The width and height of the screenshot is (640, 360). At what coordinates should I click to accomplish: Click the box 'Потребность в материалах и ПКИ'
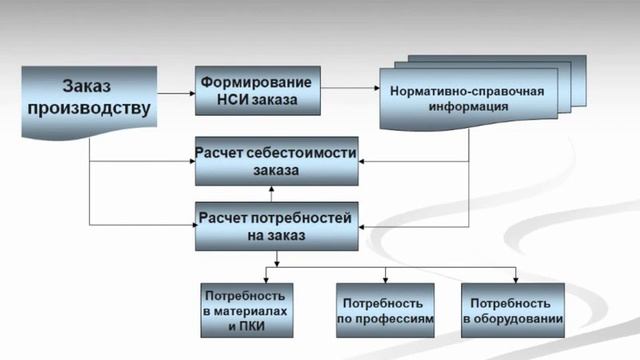tap(247, 310)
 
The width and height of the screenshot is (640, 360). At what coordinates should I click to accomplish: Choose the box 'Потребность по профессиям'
tap(384, 310)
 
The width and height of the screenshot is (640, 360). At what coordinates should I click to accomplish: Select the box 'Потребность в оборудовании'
tap(513, 310)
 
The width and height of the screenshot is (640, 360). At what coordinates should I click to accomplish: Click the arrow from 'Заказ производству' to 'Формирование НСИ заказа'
tap(176, 93)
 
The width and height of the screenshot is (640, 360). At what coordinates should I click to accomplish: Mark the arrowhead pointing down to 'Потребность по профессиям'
tap(383, 277)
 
